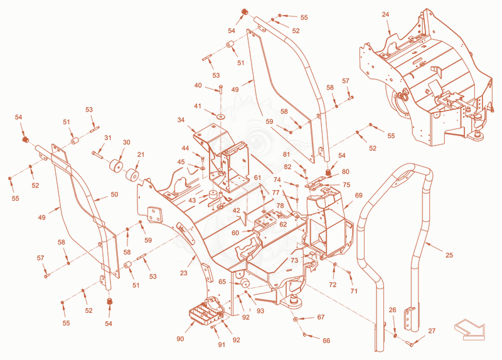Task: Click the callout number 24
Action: click(385, 14)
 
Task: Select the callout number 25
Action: click(449, 255)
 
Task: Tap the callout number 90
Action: click(180, 339)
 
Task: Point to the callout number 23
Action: click(183, 273)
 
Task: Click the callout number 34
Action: click(181, 120)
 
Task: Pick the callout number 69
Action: click(358, 195)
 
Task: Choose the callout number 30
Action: click(127, 142)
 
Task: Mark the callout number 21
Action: click(141, 154)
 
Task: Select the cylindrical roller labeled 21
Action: click(132, 175)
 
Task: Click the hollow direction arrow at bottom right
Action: click(469, 331)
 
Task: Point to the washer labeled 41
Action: click(220, 115)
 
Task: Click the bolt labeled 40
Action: click(221, 89)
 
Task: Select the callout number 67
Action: click(321, 317)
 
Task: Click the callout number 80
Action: click(346, 171)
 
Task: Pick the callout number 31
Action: click(108, 137)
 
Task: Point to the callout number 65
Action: click(222, 282)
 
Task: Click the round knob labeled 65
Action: click(246, 283)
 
